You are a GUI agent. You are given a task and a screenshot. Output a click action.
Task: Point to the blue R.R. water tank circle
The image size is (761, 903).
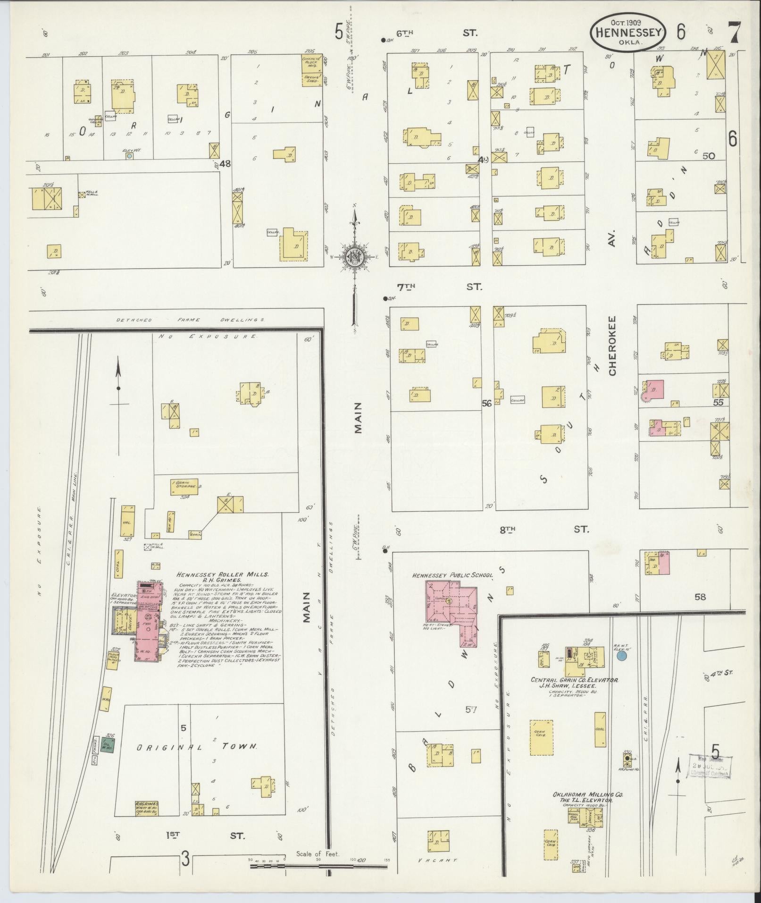622,656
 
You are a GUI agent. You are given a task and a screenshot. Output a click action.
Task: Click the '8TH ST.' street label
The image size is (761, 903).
543,530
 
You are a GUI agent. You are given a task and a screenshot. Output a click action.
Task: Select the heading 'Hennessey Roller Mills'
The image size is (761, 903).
222,574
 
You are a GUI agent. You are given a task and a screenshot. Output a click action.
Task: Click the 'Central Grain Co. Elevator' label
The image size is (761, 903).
575,680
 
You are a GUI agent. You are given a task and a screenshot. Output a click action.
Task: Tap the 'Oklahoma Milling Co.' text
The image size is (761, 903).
587,794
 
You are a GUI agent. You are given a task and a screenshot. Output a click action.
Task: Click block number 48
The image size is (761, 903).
226,163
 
